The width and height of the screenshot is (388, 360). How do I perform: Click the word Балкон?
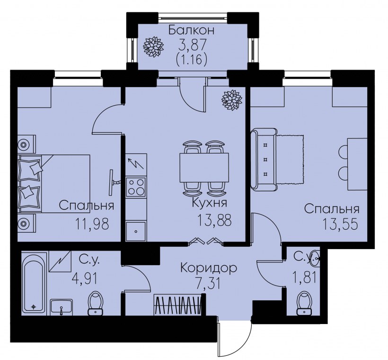pyautogui.click(x=192, y=31)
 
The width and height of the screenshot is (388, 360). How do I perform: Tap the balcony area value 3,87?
pyautogui.click(x=192, y=46)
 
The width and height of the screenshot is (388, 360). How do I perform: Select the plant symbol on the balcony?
pyautogui.click(x=153, y=46)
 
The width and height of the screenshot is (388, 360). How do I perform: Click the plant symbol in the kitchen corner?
pyautogui.click(x=232, y=100)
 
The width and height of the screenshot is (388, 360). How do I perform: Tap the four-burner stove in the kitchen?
pyautogui.click(x=136, y=186)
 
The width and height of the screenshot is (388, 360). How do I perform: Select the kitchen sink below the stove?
pyautogui.click(x=136, y=231)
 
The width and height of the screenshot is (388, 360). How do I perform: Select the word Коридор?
pyautogui.click(x=208, y=269)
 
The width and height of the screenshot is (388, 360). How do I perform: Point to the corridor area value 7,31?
pyautogui.click(x=208, y=284)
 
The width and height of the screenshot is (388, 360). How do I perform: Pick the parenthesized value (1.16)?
pyautogui.click(x=192, y=61)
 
